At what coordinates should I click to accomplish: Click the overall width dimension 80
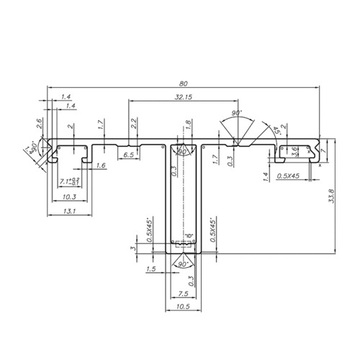(184, 81)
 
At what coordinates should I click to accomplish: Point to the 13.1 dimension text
(70, 211)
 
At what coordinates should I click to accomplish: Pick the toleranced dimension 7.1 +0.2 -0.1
(71, 181)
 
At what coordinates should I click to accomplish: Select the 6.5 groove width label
(128, 156)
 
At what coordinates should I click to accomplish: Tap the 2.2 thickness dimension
(134, 123)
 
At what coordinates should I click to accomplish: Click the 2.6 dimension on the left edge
(40, 123)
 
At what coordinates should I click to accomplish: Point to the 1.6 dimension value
(100, 166)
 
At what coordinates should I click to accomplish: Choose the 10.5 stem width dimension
(184, 307)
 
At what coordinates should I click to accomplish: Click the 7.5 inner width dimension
(184, 294)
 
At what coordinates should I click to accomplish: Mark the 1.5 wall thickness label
(150, 269)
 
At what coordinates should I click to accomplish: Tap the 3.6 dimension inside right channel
(294, 150)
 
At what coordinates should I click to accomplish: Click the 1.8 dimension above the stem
(188, 124)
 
